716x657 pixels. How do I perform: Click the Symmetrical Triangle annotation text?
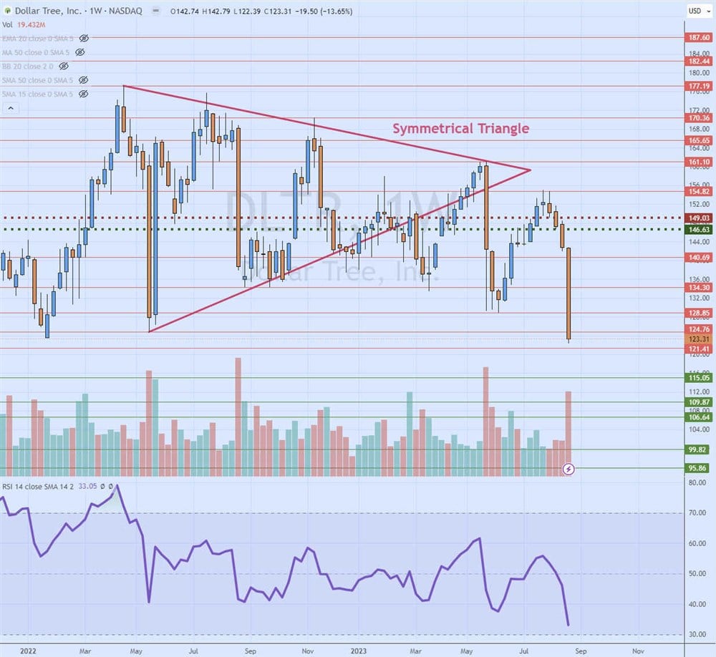click(x=460, y=129)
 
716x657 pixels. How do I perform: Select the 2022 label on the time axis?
click(x=29, y=651)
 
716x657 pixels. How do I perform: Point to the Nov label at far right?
click(x=637, y=651)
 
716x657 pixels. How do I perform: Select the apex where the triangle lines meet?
click(x=530, y=170)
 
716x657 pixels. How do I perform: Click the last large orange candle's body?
click(x=569, y=293)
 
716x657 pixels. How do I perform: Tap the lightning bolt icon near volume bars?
click(x=569, y=469)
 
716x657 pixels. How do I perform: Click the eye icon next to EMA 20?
click(x=84, y=37)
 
